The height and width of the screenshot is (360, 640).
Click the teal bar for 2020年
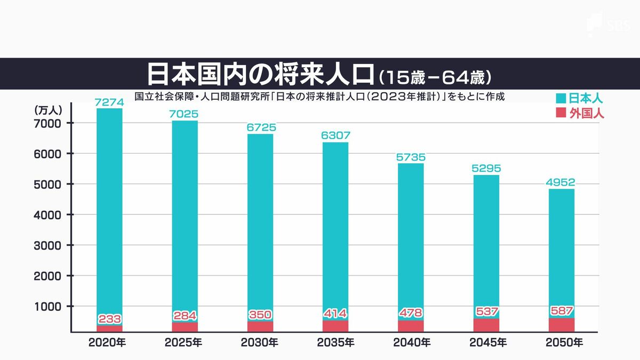(109, 213)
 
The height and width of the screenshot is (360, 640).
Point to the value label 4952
(561, 183)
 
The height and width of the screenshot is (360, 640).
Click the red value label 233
(110, 319)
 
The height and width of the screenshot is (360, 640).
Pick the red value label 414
(335, 313)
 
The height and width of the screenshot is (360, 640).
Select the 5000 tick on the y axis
(51, 184)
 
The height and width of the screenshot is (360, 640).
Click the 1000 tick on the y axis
(51, 306)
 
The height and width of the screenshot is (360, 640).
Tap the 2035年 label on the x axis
(335, 342)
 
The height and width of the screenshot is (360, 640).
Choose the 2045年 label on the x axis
(486, 342)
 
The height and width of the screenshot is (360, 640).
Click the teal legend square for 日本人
(560, 99)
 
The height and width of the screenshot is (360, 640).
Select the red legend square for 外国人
(560, 113)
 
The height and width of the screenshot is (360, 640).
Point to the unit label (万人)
(49, 110)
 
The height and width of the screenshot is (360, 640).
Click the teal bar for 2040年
(411, 240)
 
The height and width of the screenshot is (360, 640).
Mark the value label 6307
(335, 136)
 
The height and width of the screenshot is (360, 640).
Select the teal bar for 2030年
(260, 224)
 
